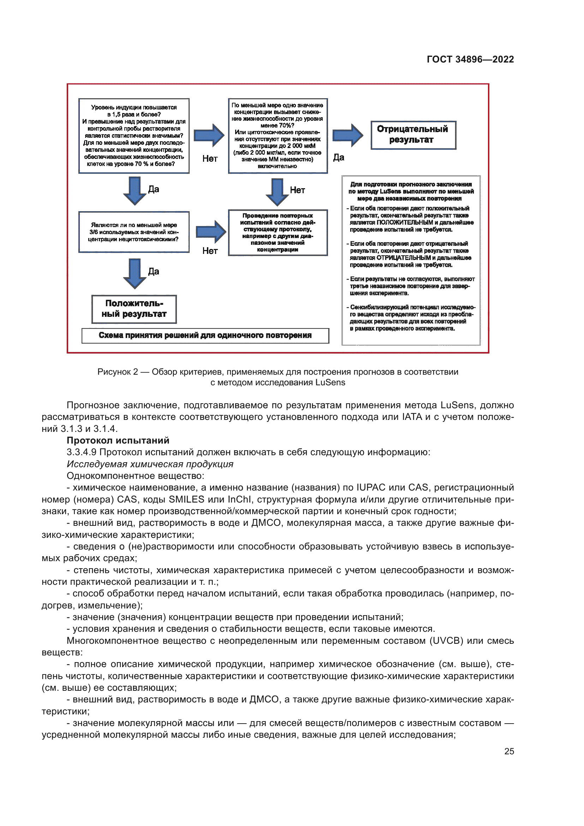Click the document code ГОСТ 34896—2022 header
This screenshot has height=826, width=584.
coord(470,59)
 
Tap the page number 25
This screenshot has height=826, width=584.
coord(509,751)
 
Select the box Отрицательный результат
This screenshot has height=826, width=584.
coord(413,135)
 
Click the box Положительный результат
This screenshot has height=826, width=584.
coord(134,309)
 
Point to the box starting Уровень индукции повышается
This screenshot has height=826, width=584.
coord(134,136)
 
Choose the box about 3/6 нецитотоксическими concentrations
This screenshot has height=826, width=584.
coord(134,232)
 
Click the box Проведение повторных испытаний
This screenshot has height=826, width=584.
coord(278,232)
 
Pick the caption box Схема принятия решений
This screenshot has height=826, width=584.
coord(205,335)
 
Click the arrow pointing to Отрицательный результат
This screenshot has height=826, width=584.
coord(347,135)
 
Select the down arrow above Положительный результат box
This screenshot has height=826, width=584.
coord(135,273)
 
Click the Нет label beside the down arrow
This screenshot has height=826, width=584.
coord(297,190)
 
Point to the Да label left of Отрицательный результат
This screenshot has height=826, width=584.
coord(338,157)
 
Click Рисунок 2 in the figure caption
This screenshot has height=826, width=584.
coord(117,372)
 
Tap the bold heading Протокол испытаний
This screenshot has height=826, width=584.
coord(118,440)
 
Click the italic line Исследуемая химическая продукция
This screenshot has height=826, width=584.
coord(150,464)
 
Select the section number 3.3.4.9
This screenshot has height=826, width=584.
coord(81,452)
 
